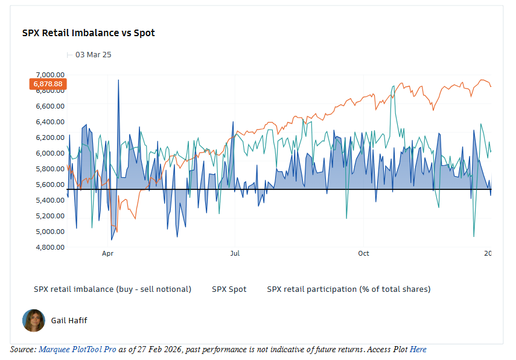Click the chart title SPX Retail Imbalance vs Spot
[88, 33]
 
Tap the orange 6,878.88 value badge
[48, 84]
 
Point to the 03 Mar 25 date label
[93, 55]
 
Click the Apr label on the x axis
[108, 254]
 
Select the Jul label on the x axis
[235, 254]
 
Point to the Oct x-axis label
[363, 254]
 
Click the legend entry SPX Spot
[229, 289]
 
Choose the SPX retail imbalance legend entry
[112, 289]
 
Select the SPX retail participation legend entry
[349, 289]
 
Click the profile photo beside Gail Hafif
[34, 321]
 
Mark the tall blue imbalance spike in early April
[118, 81]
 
